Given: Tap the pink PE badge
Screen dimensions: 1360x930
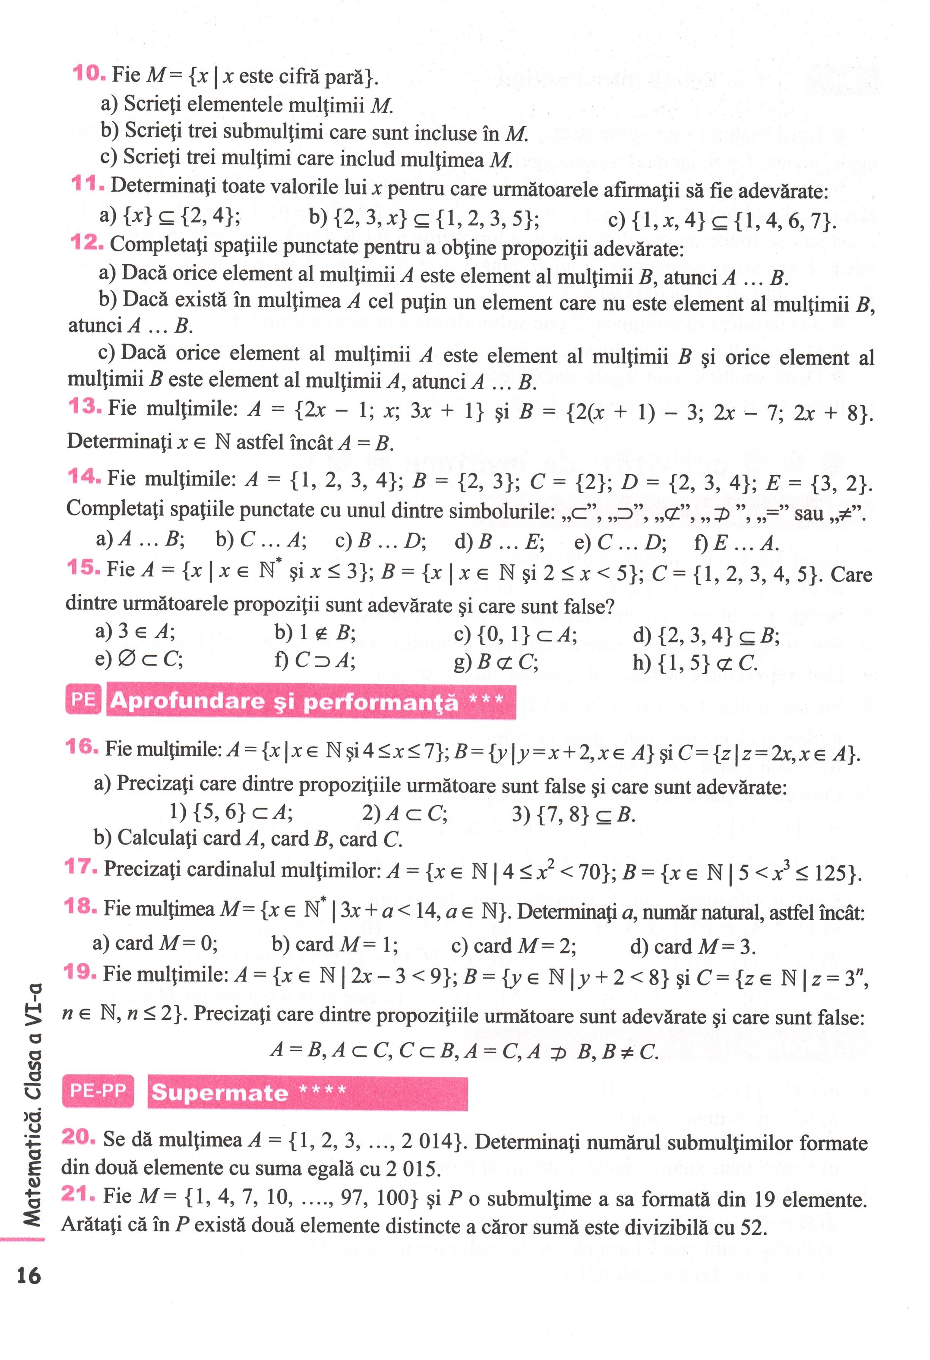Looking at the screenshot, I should pos(83,699).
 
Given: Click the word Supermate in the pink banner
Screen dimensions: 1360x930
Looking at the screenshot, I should pos(219,1093).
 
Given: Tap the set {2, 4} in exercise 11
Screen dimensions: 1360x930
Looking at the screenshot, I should pos(210,216).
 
